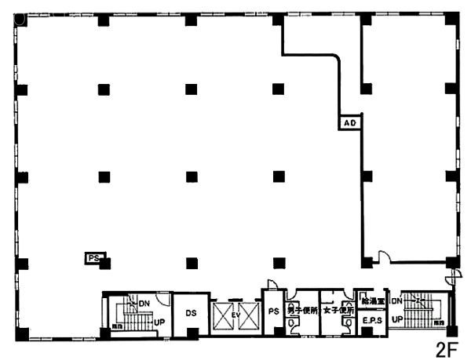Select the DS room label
click(x=191, y=313)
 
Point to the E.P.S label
click(x=371, y=320)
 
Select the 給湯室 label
click(x=371, y=300)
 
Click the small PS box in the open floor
click(x=93, y=257)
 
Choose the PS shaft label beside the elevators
click(x=274, y=312)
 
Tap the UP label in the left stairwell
click(x=158, y=322)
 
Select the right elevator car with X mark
click(x=248, y=317)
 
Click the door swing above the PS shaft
click(x=271, y=283)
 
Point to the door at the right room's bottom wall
click(x=382, y=257)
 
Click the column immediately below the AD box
click(x=365, y=175)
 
